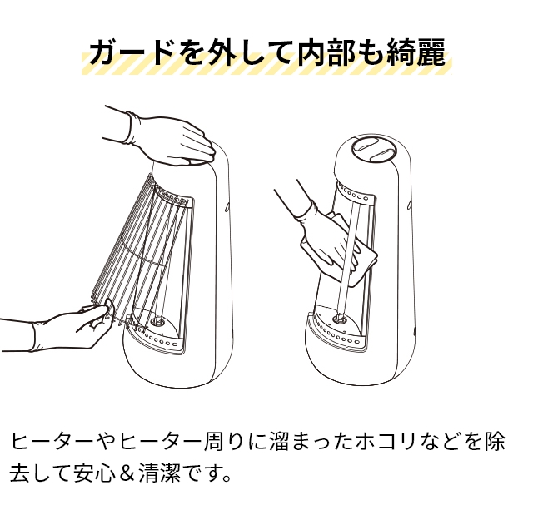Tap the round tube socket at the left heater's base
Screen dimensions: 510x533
coord(157,318)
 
